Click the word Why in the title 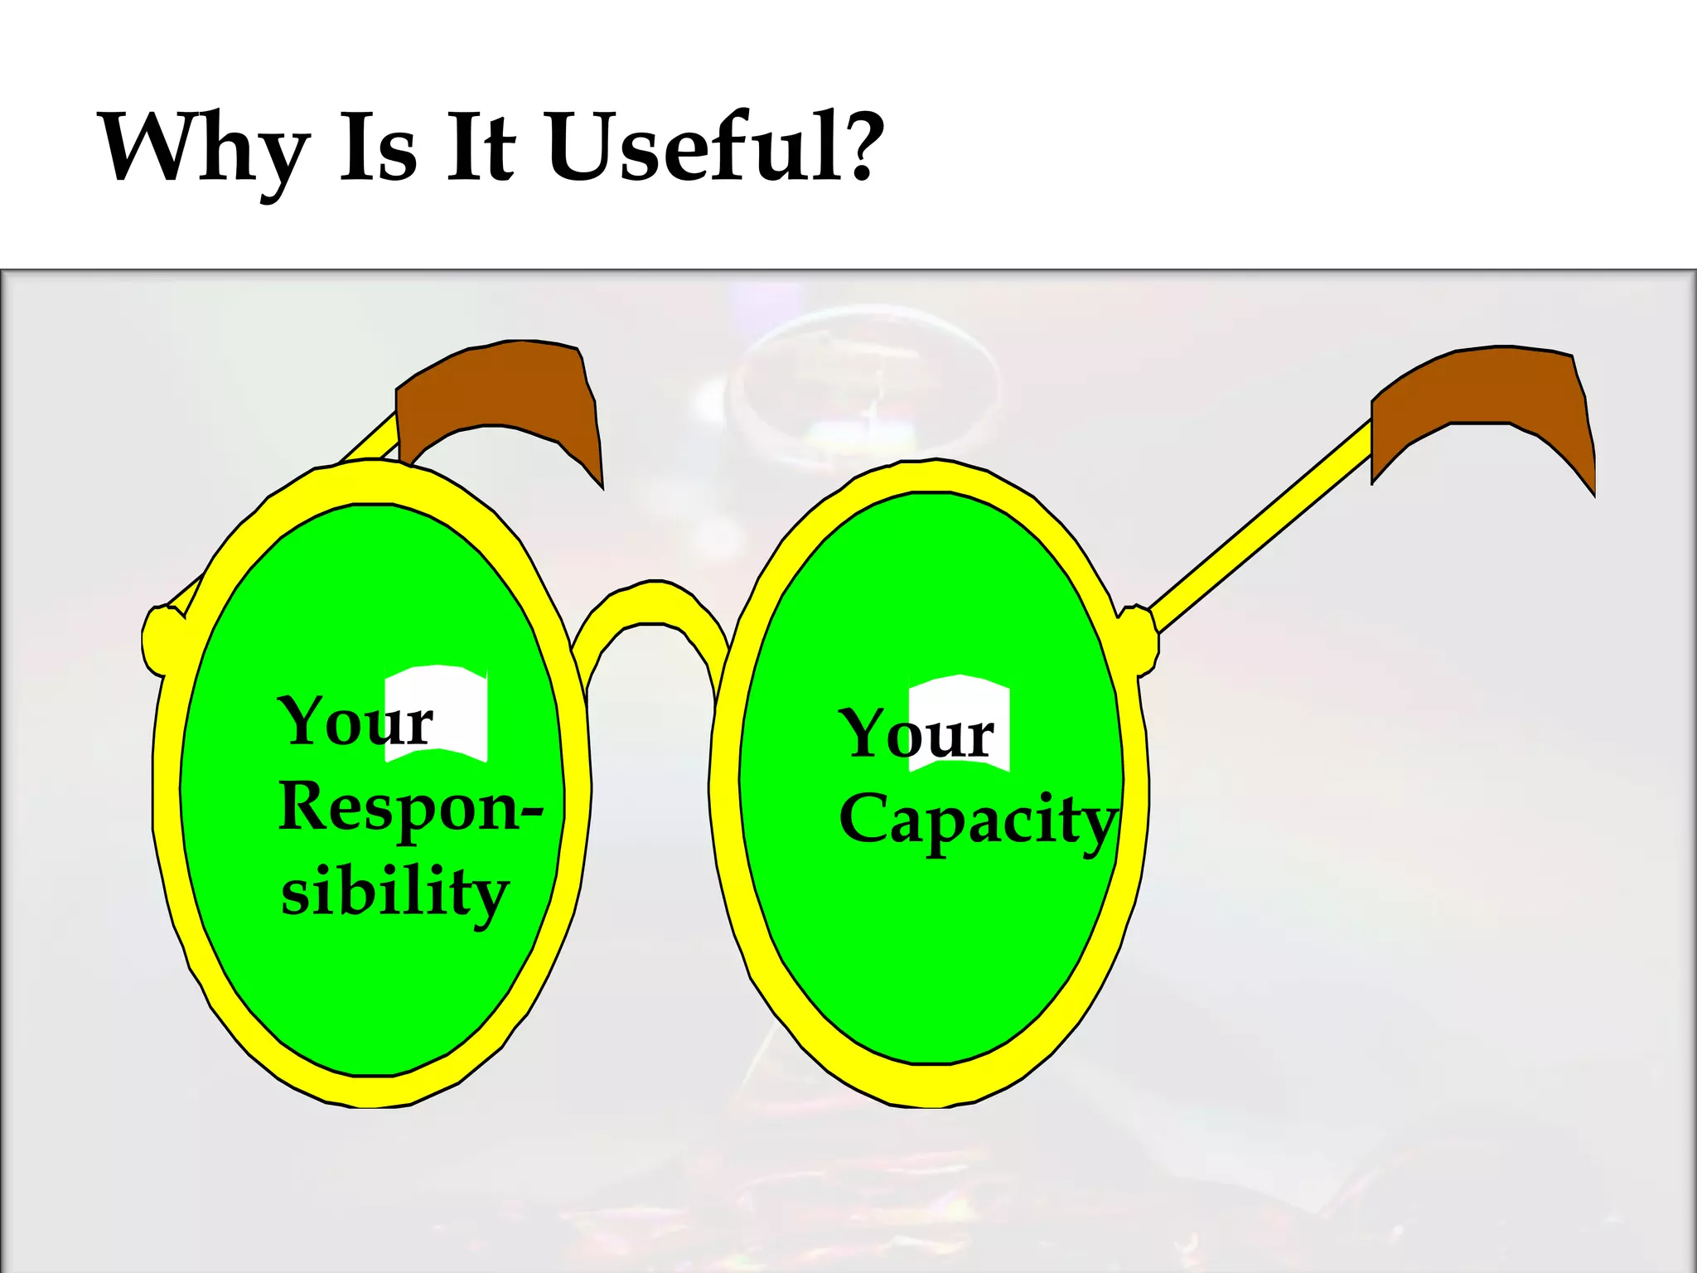[x=204, y=149]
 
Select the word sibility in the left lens [x=394, y=893]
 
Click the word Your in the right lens [x=916, y=734]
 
